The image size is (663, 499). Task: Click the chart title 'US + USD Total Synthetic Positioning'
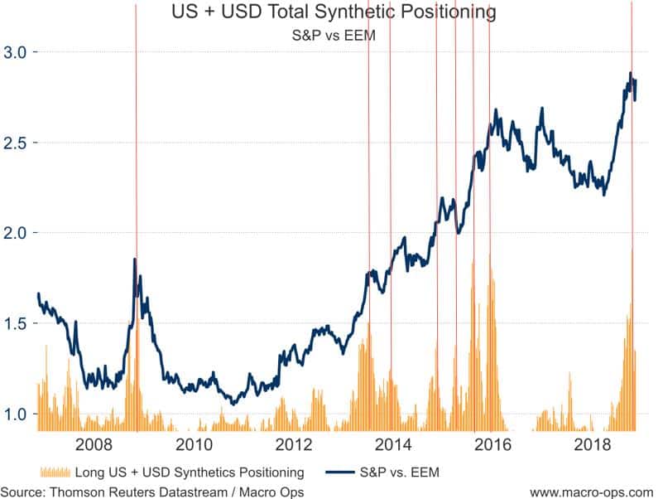(334, 12)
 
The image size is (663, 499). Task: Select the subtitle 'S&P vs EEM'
(334, 35)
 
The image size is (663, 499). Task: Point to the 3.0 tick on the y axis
(15, 52)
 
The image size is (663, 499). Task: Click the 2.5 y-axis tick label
(15, 143)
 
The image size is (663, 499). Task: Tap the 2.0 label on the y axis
(15, 233)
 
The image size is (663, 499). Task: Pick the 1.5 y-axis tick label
(15, 323)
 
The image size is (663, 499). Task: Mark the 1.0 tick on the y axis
(15, 414)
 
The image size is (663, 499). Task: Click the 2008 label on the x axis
(94, 445)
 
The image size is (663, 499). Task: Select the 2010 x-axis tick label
(194, 445)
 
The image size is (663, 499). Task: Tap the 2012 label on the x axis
(294, 445)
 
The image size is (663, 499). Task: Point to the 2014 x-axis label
(393, 445)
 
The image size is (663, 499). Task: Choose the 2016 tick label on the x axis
(493, 445)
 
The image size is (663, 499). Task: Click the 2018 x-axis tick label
(593, 445)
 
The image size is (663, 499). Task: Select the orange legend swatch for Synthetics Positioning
(55, 472)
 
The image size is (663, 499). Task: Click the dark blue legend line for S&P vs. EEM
(340, 472)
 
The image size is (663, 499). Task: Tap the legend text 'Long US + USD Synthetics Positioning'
(190, 472)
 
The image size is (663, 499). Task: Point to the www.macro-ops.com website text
(592, 492)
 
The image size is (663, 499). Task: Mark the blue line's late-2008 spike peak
(135, 259)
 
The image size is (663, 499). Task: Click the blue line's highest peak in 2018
(631, 73)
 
